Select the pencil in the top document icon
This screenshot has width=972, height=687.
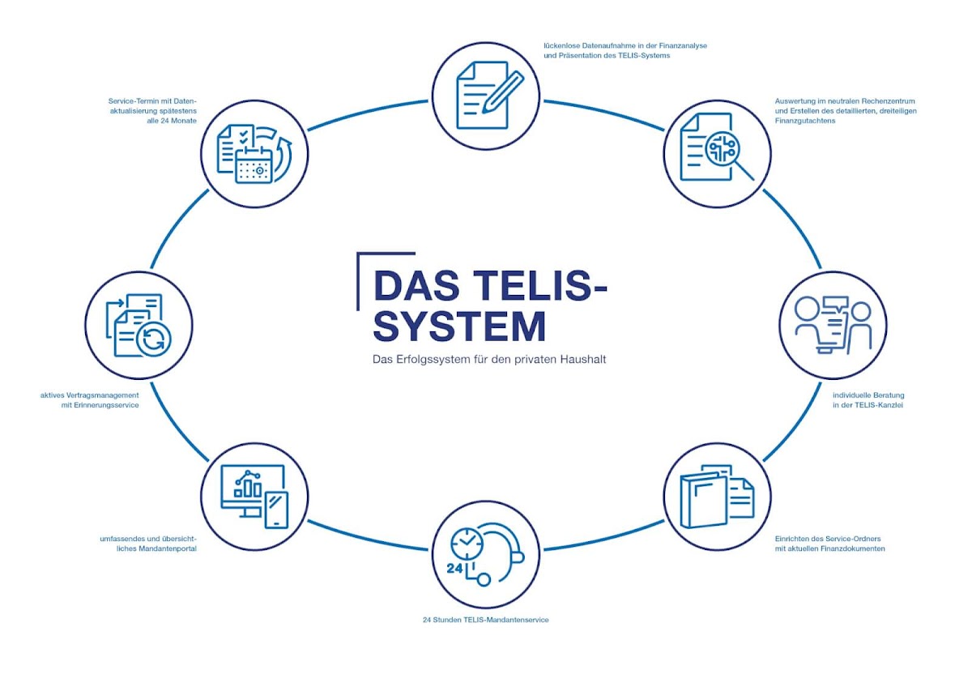[503, 91]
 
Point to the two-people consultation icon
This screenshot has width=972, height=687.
[832, 325]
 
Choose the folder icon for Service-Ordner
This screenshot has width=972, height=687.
[701, 498]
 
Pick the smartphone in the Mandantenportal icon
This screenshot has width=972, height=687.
[277, 510]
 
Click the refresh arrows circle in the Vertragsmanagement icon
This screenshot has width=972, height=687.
[151, 340]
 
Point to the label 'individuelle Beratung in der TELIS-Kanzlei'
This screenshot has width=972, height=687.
[868, 400]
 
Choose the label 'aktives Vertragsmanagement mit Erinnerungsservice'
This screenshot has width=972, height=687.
[89, 400]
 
